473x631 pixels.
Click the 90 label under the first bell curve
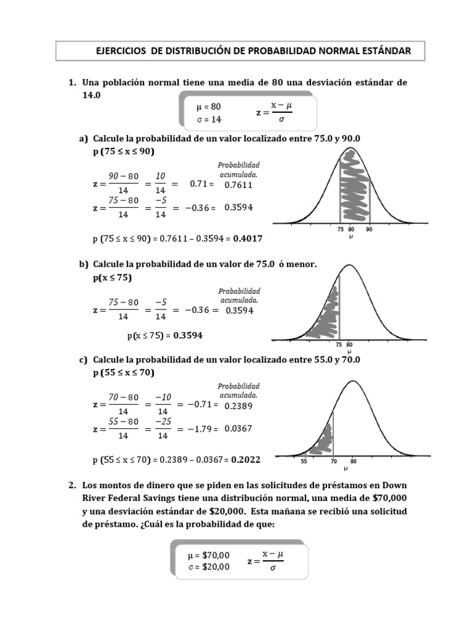pos(370,229)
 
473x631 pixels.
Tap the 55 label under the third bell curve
pos(304,461)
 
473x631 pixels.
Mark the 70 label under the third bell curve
pos(333,461)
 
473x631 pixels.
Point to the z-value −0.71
pos(199,405)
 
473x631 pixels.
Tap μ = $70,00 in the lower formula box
pos(209,555)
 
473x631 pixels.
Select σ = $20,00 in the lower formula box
pos(209,567)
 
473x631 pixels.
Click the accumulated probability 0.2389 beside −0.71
pos(238,406)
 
